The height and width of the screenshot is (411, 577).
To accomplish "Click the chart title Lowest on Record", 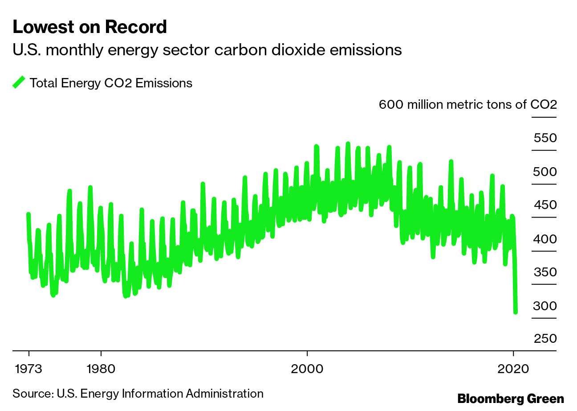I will click(x=89, y=28).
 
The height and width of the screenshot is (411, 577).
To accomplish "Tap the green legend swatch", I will click(x=19, y=82).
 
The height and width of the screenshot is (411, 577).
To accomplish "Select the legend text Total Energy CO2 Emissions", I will click(x=111, y=83).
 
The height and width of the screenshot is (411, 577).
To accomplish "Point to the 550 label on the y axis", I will click(x=545, y=138).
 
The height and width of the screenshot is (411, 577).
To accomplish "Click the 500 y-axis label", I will click(x=545, y=172).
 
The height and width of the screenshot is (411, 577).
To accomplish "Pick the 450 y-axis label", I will click(x=545, y=205).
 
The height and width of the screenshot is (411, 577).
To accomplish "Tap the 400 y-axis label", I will click(x=545, y=239).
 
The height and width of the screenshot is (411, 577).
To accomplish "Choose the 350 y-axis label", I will click(x=545, y=272).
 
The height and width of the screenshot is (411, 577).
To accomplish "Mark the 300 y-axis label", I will click(x=545, y=306).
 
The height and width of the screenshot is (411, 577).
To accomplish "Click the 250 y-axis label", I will click(x=545, y=339).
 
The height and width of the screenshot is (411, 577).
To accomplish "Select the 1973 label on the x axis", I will click(x=29, y=369).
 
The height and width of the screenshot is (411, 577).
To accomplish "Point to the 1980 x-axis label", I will click(x=101, y=369).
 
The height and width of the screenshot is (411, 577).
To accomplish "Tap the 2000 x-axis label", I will click(x=307, y=369).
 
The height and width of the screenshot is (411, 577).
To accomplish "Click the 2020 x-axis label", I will click(x=513, y=369).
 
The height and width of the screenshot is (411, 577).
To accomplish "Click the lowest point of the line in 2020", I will click(x=516, y=312).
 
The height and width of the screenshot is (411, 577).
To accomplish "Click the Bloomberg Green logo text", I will click(x=511, y=399).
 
